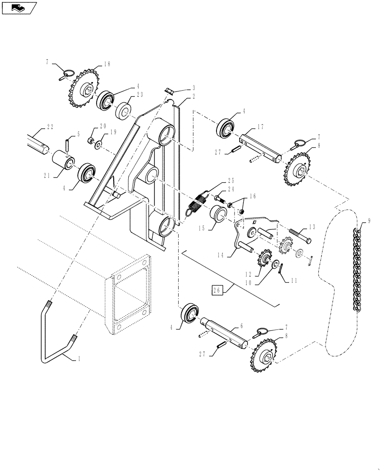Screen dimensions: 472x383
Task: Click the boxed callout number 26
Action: pos(216,290)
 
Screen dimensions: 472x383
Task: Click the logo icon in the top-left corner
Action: pos(19,8)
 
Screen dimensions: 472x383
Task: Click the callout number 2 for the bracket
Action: pos(193,96)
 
